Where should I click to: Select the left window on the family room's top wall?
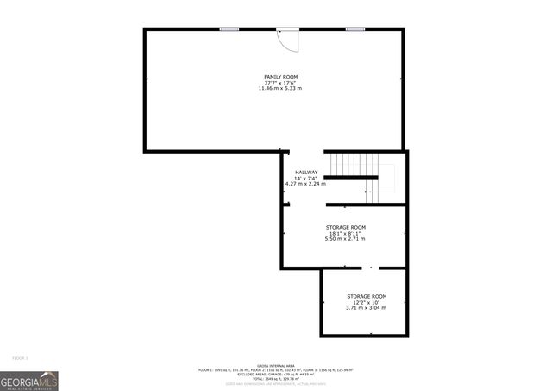[x=229, y=29]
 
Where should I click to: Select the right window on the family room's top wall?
[x=354, y=29]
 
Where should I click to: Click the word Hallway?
[x=306, y=172]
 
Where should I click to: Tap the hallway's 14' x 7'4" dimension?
[x=306, y=178]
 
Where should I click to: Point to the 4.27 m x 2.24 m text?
[x=305, y=184]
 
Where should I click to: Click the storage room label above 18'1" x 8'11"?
[x=346, y=227]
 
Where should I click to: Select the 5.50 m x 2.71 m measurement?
[x=346, y=239]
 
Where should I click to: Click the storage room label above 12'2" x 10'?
[x=366, y=296]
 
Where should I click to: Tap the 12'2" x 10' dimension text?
[x=366, y=302]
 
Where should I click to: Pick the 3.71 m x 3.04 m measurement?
[x=366, y=308]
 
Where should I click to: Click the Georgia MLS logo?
[x=29, y=381]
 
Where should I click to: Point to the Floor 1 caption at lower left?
[x=21, y=357]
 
